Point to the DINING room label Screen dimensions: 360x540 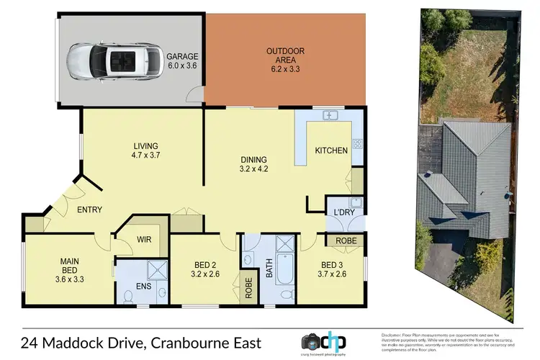pos(253,165)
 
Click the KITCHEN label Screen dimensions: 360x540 pos(331,150)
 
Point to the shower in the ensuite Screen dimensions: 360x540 pos(155,271)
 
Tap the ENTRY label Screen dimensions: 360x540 pos(90,210)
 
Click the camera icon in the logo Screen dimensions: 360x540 pos(312,342)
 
